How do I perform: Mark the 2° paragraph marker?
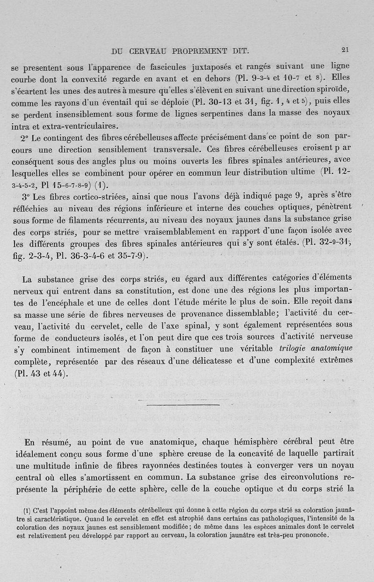pyautogui.click(x=25, y=139)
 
